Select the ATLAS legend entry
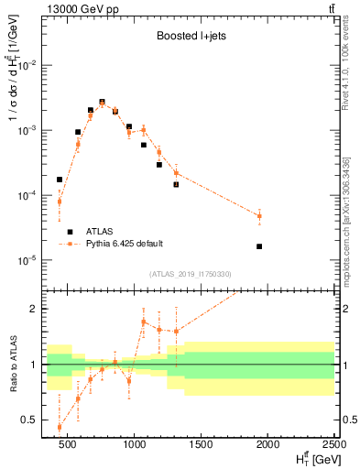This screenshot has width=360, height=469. click(101, 232)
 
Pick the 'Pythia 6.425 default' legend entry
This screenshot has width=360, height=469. click(124, 244)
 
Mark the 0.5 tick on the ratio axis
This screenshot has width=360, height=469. click(34, 420)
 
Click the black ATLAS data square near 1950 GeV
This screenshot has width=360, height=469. click(259, 246)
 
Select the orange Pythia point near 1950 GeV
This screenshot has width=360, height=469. click(259, 216)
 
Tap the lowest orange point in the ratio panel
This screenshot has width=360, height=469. click(60, 427)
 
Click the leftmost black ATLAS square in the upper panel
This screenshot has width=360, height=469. click(60, 180)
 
